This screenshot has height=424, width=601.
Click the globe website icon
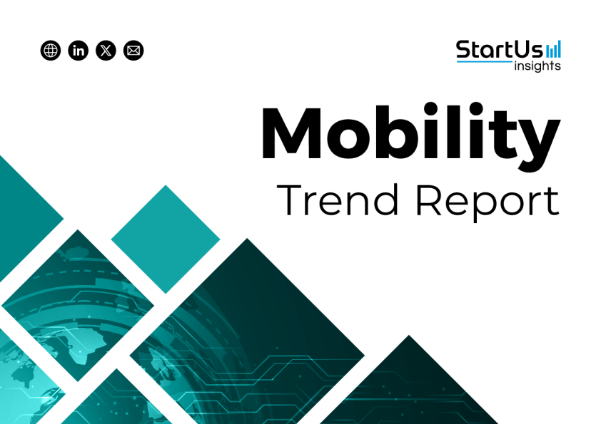(x=51, y=51)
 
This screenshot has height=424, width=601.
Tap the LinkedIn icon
(x=79, y=51)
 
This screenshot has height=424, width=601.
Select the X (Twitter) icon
(x=106, y=51)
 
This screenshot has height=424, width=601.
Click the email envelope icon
(x=133, y=51)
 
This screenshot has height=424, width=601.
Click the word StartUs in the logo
(x=500, y=50)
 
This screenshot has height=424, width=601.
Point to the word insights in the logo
(x=537, y=66)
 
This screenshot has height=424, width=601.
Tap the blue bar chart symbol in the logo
(x=553, y=49)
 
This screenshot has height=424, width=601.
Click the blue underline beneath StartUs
(x=485, y=61)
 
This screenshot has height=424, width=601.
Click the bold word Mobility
(x=410, y=137)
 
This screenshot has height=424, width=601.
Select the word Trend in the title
(x=338, y=200)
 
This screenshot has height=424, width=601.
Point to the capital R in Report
(x=428, y=200)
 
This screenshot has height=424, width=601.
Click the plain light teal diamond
(x=166, y=239)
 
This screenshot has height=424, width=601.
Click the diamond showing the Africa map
(x=78, y=306)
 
